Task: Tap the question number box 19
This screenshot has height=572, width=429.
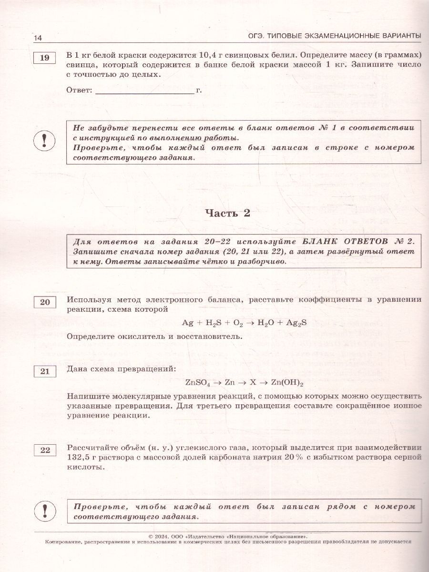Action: [44, 58]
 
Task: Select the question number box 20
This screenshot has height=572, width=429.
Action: [44, 302]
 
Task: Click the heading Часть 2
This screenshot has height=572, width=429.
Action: [227, 214]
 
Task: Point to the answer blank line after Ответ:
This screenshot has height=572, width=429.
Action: [145, 90]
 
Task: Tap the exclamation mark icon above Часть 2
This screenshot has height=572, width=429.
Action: [44, 142]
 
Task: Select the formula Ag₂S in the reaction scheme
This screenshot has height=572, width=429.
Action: [296, 323]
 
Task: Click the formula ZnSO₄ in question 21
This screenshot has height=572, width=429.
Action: [197, 382]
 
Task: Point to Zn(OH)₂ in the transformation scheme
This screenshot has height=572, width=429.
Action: [287, 382]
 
